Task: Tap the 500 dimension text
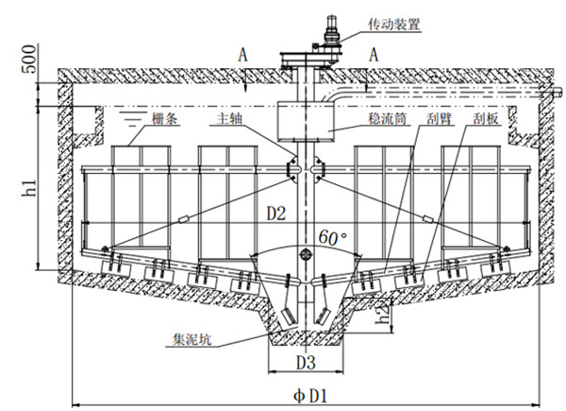pos(25,63)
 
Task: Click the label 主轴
pos(230,120)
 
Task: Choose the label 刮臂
pos(435,120)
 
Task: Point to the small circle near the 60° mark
pos(305,255)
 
